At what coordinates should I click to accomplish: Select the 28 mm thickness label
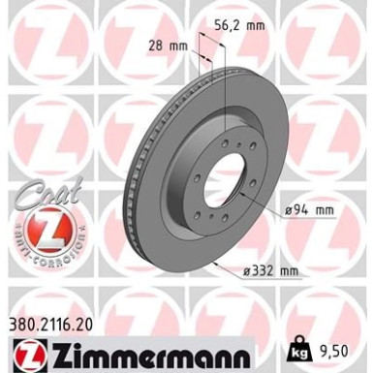pyautogui.click(x=170, y=46)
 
